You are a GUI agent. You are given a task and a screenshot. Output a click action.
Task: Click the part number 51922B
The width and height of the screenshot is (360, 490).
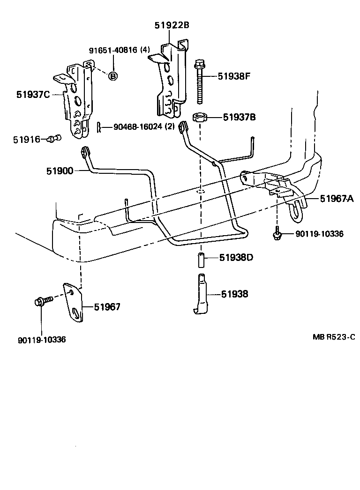pos(172,25)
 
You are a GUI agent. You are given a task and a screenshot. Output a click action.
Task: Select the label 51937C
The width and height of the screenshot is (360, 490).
pos(33,95)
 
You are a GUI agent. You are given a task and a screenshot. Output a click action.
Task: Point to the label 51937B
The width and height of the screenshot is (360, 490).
pos(239,117)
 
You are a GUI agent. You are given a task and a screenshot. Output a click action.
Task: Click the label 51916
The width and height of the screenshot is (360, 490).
pos(27,139)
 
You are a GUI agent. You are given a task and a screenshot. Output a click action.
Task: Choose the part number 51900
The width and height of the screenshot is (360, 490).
pos(60,171)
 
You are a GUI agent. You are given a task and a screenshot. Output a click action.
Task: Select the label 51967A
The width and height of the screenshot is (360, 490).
pos(337,199)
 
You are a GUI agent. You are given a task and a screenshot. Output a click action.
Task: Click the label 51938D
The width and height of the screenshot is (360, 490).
pos(235,258)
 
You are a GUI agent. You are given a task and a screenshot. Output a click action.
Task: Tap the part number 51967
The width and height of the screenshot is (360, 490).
pos(107,307)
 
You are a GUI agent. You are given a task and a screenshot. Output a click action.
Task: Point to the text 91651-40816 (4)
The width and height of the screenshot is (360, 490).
pos(120,50)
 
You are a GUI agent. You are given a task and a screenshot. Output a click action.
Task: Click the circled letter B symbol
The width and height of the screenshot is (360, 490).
pos(112,75)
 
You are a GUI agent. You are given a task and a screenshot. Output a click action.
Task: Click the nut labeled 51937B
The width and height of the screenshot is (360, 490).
pos(201,117)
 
